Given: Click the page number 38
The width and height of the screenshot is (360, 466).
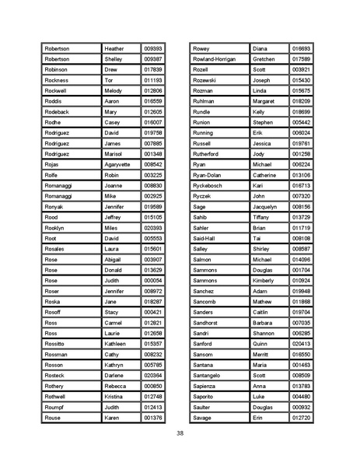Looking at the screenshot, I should click(180, 433).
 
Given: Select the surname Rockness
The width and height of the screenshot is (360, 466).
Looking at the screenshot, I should click(57, 80).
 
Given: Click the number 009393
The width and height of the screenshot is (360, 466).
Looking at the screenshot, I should click(153, 48).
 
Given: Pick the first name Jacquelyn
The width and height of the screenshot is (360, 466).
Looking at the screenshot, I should click(267, 207).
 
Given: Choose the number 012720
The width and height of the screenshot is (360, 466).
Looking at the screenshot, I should click(300, 418).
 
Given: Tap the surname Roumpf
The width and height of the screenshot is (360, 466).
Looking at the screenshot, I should click(55, 407).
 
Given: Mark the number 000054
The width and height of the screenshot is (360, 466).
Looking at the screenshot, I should click(153, 280).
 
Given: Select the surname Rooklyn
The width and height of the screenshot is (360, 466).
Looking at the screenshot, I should click(56, 228).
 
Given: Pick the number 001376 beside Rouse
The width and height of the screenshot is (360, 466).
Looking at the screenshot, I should click(153, 418).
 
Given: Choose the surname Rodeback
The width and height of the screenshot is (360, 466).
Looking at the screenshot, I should click(58, 112).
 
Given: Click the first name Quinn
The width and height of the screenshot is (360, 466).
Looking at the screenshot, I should click(260, 344).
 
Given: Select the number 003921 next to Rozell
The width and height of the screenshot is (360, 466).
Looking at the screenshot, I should click(300, 69).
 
